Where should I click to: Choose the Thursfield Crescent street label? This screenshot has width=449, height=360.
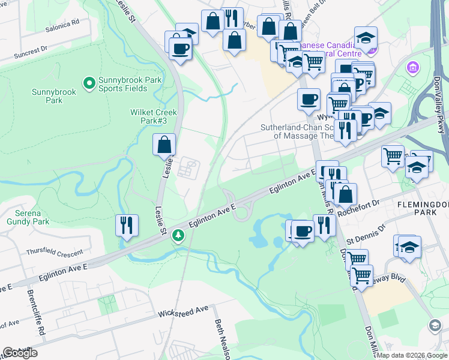tap(54, 253)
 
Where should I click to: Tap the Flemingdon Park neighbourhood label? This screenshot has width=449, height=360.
tap(423, 208)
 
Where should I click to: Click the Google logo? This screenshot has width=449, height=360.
tap(20, 353)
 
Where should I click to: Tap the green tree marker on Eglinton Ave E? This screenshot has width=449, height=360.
tap(178, 235)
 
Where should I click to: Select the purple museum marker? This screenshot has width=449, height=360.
tap(412, 67)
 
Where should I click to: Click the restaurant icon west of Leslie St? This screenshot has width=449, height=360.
tap(127, 225)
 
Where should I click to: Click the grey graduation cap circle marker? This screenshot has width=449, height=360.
tap(434, 325)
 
